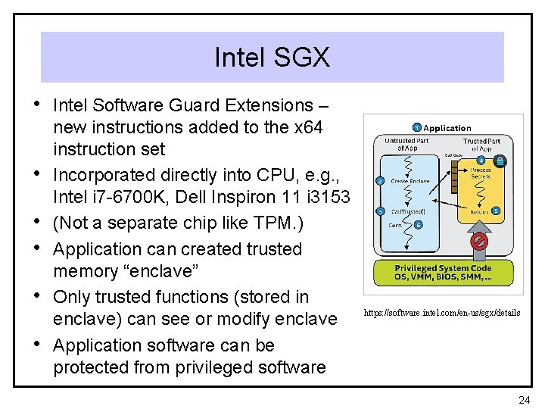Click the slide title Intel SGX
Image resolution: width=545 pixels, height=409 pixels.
click(x=272, y=57)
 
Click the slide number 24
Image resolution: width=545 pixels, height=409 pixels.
click(x=524, y=399)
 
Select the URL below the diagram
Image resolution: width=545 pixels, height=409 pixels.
click(x=442, y=313)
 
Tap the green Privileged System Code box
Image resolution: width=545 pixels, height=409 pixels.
click(x=443, y=272)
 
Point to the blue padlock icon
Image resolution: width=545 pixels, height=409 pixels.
click(x=500, y=161)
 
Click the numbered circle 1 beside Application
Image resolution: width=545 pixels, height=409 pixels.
click(x=417, y=127)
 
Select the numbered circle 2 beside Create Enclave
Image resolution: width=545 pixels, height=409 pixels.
click(x=380, y=181)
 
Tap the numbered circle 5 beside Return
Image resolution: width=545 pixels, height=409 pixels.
click(x=496, y=211)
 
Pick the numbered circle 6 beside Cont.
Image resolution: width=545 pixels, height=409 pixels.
click(x=419, y=224)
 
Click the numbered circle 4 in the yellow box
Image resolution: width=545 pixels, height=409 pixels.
click(x=481, y=159)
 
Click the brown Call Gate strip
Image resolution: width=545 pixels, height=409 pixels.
click(x=454, y=174)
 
